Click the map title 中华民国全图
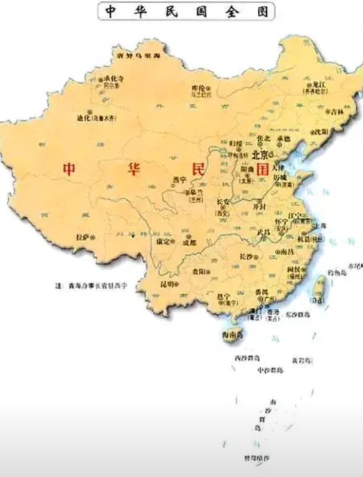coord(186,12)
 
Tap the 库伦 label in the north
coord(197,89)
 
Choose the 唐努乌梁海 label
coord(139,57)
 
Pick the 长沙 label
coord(245,256)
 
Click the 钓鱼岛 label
coord(336,271)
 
